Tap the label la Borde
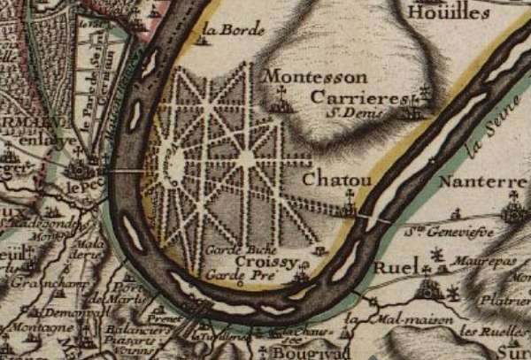coord(233,29)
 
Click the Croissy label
coord(264,263)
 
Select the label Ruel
coord(395,267)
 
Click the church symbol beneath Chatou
coord(350,209)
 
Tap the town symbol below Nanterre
coord(513,211)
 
